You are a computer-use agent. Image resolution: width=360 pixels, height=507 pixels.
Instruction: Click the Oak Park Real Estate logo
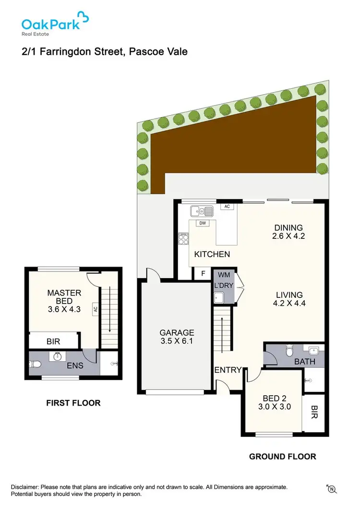click(x=55, y=24)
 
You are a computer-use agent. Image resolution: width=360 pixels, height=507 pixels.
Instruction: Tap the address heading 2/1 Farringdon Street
click(x=104, y=51)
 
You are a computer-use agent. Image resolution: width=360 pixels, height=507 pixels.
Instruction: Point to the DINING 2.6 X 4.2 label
click(x=288, y=232)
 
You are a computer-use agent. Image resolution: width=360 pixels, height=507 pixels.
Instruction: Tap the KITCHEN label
click(x=212, y=254)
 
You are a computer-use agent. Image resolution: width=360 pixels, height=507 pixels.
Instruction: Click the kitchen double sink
click(x=202, y=211)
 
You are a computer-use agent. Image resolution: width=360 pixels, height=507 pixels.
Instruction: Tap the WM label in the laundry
click(x=223, y=275)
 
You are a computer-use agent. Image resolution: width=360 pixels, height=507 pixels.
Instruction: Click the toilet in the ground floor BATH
click(x=289, y=353)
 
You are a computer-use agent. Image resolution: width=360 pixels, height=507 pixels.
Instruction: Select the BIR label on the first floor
click(x=53, y=342)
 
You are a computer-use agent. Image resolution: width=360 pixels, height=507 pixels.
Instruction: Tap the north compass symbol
click(x=330, y=489)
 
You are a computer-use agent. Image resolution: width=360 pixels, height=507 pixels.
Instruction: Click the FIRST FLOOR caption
click(x=73, y=403)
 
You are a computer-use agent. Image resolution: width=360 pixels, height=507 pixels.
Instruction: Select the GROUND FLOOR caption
click(x=282, y=457)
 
